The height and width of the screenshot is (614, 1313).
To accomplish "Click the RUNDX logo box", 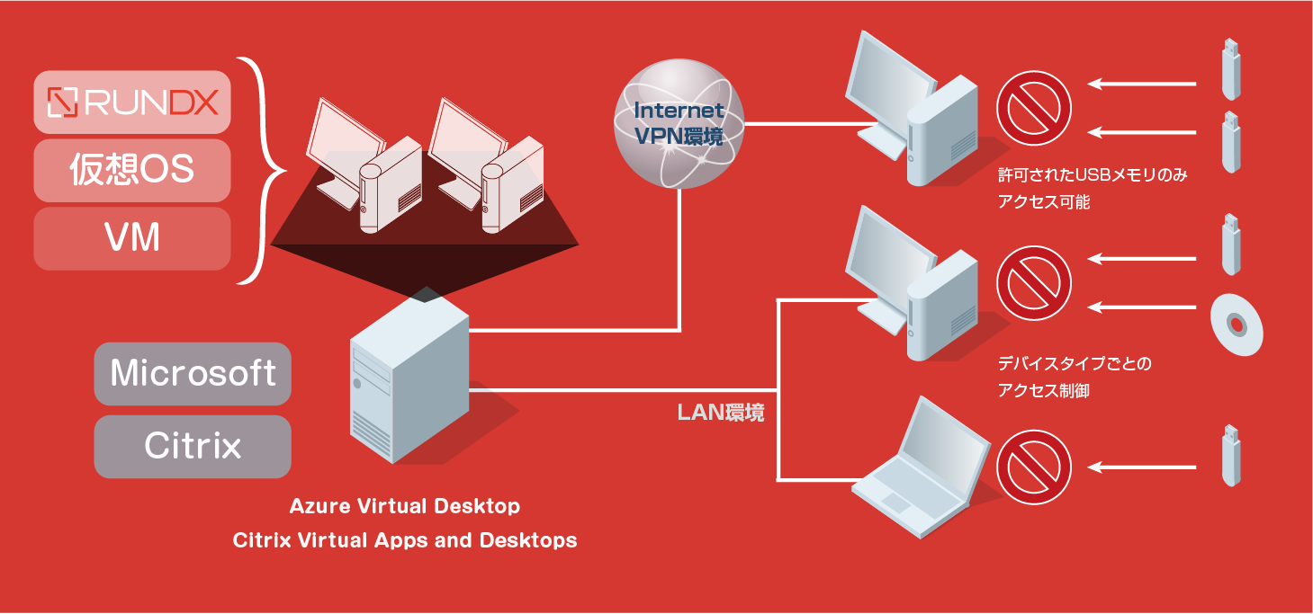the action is click(132, 102).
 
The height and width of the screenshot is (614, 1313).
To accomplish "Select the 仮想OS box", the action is click(132, 170).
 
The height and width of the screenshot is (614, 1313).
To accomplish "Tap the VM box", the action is click(132, 238).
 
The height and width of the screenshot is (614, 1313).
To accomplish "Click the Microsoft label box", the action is click(193, 373).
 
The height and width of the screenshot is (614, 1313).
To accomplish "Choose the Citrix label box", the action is click(193, 447).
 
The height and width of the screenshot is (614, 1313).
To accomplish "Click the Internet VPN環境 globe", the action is click(679, 123).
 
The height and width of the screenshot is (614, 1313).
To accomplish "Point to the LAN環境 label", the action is click(720, 413).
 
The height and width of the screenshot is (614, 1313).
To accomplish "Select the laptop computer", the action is click(921, 467).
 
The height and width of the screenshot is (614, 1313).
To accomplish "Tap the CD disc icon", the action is click(1237, 325).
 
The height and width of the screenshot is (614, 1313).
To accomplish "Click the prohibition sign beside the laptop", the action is click(1034, 467).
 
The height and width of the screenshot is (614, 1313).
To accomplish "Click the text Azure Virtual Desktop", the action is click(404, 506).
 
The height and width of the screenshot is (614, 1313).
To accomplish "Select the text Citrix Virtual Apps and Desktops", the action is click(404, 540).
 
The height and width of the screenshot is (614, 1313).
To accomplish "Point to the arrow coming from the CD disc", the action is click(1141, 307).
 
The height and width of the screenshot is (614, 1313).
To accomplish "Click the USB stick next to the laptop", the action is click(1231, 456).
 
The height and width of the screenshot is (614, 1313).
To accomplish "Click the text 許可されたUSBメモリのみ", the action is click(1093, 174).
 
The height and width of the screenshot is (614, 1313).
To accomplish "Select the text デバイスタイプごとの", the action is click(1075, 363).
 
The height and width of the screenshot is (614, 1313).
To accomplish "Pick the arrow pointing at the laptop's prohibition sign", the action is click(1141, 467).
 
